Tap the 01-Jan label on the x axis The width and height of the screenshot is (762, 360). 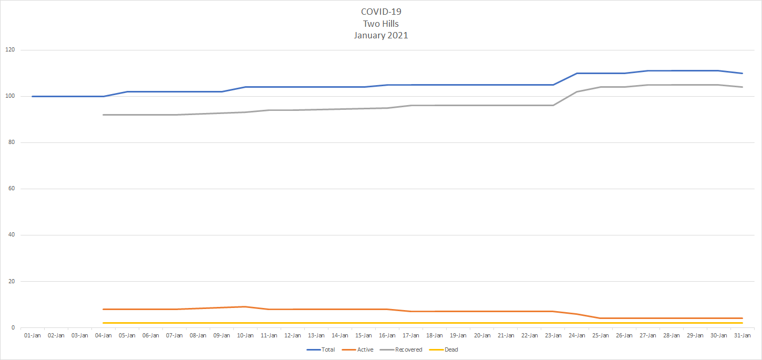coord(32,335)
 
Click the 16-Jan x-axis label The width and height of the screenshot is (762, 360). coord(387,335)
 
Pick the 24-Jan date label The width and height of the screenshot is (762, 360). coord(577,335)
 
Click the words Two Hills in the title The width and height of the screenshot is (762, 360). coord(381,24)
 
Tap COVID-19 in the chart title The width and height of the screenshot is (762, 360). coord(381,12)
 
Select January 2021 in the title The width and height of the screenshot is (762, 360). coord(381,36)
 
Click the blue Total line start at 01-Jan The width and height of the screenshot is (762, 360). coord(33,96)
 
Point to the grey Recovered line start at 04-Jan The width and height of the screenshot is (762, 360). coord(104,115)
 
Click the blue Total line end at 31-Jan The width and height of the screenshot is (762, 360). coord(742,73)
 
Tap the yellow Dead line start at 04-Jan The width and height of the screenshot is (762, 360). coord(104,323)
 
